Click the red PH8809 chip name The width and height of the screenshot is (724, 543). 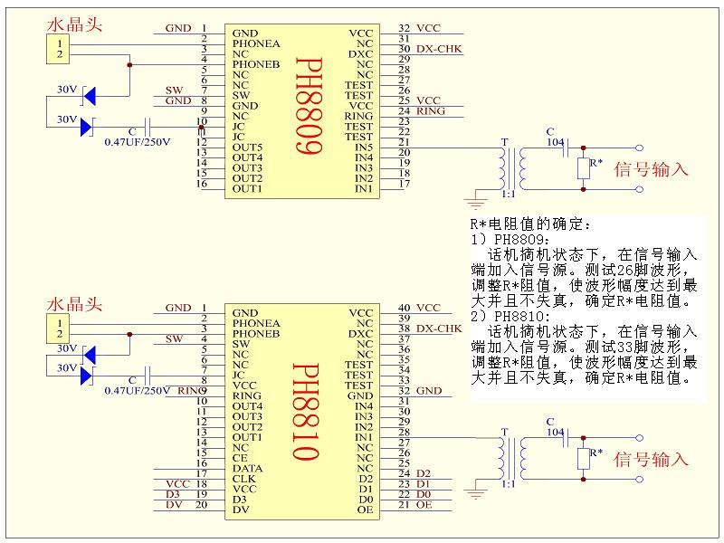click(x=310, y=109)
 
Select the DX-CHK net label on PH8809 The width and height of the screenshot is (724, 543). click(x=440, y=49)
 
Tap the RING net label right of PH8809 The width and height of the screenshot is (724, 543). click(x=432, y=111)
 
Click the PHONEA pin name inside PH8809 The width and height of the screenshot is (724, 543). click(x=255, y=43)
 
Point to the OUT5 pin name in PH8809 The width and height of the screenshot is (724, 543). click(x=247, y=147)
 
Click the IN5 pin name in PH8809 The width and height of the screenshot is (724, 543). click(x=364, y=147)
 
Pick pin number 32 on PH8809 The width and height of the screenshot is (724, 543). click(x=404, y=29)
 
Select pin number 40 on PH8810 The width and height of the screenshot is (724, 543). click(x=404, y=309)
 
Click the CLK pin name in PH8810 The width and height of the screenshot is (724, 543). click(x=243, y=478)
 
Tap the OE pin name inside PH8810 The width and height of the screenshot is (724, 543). click(x=365, y=510)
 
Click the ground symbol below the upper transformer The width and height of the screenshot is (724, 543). click(x=472, y=201)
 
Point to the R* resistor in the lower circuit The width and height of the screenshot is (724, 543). click(x=584, y=459)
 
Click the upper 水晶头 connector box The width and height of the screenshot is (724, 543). click(x=60, y=49)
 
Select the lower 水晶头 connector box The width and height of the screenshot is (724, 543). click(x=60, y=328)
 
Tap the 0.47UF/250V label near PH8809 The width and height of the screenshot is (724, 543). click(x=137, y=142)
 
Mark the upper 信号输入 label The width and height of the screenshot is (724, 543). click(x=652, y=169)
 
